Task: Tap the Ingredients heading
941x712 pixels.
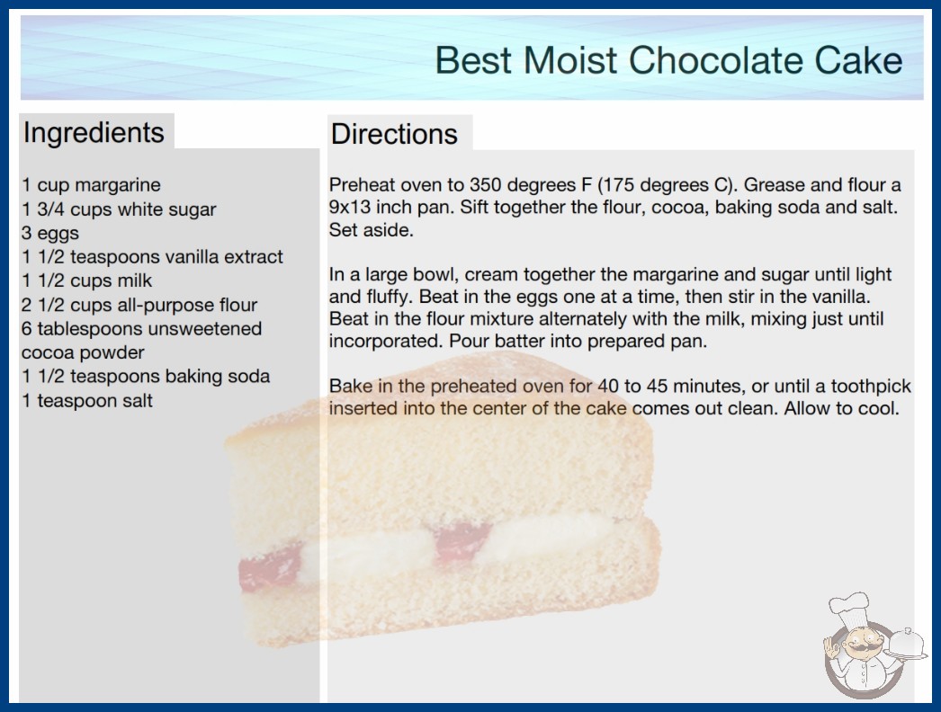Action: tap(94, 133)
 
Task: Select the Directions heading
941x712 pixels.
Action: tap(394, 134)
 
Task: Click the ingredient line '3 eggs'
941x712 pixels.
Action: tap(50, 233)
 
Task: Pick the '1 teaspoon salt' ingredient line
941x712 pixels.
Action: tap(87, 400)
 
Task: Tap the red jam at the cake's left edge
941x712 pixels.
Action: tap(270, 567)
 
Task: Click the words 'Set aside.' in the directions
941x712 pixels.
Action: tap(371, 230)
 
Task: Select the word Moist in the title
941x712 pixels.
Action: tap(570, 60)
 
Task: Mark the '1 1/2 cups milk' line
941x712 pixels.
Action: tap(87, 280)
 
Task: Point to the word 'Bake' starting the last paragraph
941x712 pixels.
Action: tap(351, 386)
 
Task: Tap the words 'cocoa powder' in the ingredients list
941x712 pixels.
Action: tap(83, 352)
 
